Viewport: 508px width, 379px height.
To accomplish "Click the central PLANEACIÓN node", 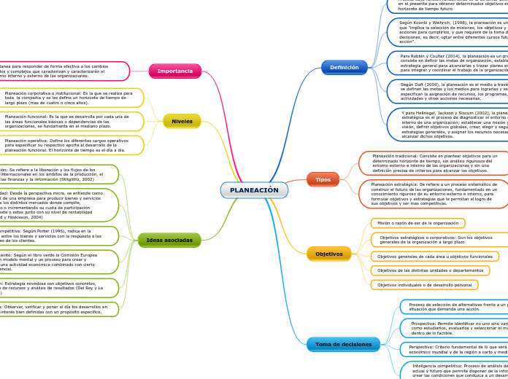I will tap(254, 190).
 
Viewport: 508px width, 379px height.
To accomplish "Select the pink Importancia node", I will tap(175, 71).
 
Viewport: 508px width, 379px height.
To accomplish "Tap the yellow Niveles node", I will tap(182, 121).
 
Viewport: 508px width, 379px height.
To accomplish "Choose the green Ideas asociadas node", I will tap(169, 240).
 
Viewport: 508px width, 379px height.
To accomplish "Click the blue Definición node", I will tap(344, 67).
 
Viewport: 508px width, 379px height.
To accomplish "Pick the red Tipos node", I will tap(323, 179).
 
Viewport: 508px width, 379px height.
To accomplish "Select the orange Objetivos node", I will tap(328, 254).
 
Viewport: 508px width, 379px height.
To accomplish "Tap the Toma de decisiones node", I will tap(343, 344).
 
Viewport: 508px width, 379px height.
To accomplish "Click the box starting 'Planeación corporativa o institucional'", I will tap(73, 98).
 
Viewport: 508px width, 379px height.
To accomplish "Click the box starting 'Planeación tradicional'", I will tap(435, 163).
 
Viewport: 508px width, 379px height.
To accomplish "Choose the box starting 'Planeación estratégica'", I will tap(435, 194).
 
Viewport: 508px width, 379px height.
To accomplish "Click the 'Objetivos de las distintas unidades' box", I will tap(431, 270).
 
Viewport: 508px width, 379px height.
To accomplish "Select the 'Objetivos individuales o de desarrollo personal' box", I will tap(424, 285).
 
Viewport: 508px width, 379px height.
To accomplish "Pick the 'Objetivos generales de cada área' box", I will tap(435, 257).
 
